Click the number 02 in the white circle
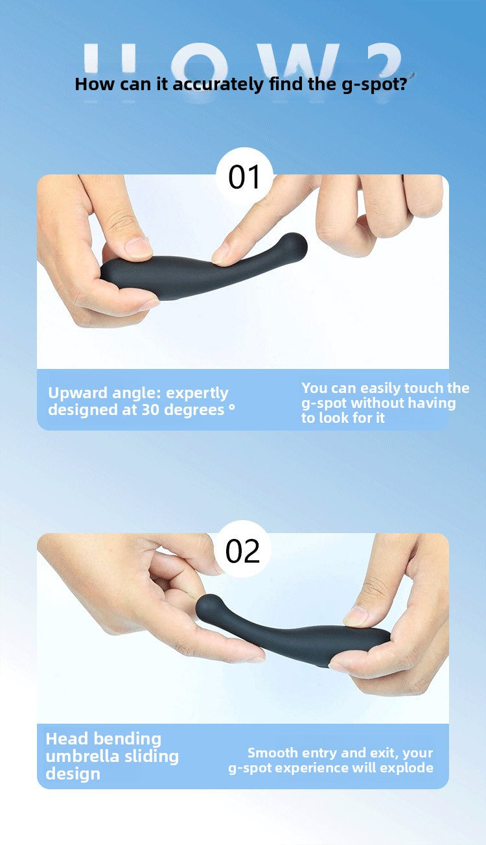(242, 551)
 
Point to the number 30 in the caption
(152, 410)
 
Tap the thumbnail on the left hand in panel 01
(138, 247)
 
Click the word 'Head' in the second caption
(66, 739)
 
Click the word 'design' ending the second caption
(73, 774)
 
